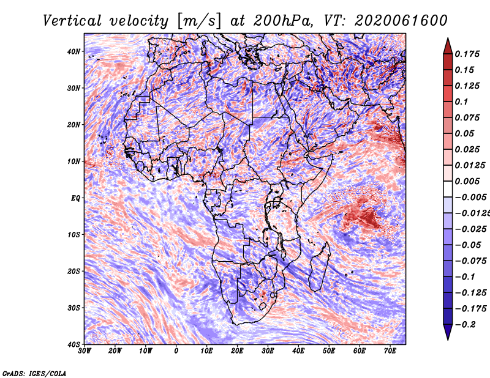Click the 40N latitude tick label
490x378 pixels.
coord(73,51)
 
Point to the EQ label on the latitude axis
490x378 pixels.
coord(75,198)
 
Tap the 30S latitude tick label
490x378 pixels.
coord(73,308)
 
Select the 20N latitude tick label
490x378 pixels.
coord(73,125)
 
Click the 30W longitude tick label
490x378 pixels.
coord(85,351)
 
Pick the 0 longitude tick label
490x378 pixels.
coord(176,351)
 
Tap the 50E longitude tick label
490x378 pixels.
coord(329,351)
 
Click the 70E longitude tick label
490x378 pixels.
coord(390,351)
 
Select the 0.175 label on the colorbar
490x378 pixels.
coord(467,54)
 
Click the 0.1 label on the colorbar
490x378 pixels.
coord(461,102)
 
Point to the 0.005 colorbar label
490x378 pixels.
coord(467,181)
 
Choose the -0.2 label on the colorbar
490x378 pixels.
coord(465,325)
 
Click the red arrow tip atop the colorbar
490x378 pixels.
coord(448,39)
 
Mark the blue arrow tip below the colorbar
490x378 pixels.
coord(448,339)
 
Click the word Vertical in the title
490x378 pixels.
coord(72,21)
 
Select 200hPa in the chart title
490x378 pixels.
coord(282,21)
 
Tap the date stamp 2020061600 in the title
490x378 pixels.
coord(401,21)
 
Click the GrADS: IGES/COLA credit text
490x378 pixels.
coord(34,373)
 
